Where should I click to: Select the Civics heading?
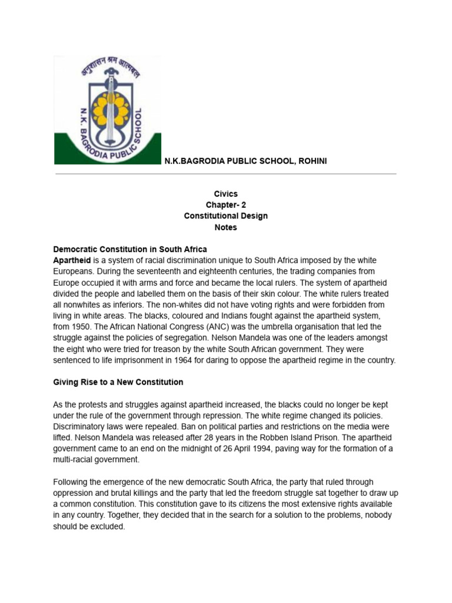[x=225, y=194]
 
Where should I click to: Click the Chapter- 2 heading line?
[x=225, y=205]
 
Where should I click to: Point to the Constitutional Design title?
[x=225, y=216]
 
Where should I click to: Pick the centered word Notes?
[x=225, y=227]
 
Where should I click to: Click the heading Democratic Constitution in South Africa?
[x=130, y=249]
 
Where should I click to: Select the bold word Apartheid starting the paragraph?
[x=72, y=260]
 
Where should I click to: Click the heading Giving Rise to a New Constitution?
[x=118, y=382]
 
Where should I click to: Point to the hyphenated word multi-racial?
[x=77, y=460]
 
